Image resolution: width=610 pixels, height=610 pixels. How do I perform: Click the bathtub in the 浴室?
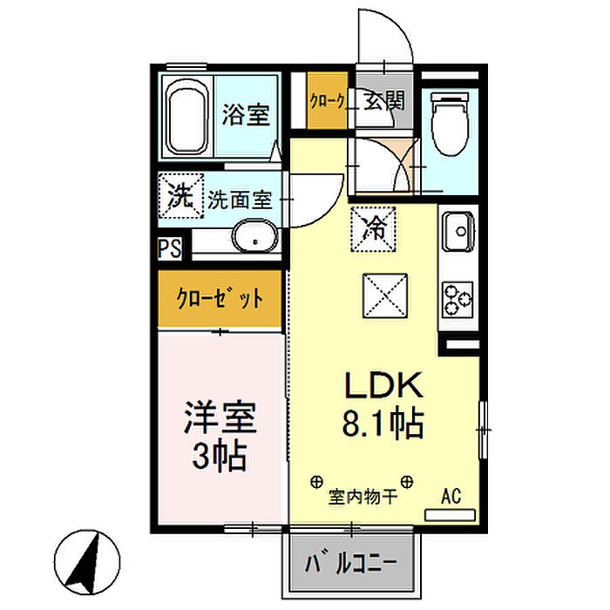(186, 117)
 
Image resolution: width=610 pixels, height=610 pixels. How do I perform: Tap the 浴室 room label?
(246, 114)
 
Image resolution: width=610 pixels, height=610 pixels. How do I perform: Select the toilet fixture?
(451, 124)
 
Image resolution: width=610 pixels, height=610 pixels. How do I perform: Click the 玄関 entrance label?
(384, 101)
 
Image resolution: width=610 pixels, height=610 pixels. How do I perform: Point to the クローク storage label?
(328, 102)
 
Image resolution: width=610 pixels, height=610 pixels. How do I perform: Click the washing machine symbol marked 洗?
(181, 195)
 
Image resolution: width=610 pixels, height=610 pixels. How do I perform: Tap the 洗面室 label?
(240, 200)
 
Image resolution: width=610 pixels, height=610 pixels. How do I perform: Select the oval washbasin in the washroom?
(255, 236)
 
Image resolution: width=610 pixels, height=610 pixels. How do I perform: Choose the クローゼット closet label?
(220, 299)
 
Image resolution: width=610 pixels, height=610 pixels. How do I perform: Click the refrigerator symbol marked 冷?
(374, 228)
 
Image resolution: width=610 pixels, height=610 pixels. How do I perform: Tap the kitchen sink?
(458, 231)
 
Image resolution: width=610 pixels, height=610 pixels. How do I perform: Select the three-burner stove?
(457, 299)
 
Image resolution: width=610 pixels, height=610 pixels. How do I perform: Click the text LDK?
(383, 385)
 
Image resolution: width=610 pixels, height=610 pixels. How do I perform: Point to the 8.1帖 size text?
(383, 423)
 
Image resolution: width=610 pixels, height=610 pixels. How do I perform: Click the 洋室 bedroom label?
(220, 417)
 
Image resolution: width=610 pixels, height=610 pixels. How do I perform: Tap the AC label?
(451, 496)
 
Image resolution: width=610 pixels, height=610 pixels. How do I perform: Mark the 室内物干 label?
(363, 497)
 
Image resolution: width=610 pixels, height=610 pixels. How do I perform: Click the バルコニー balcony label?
(351, 563)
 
